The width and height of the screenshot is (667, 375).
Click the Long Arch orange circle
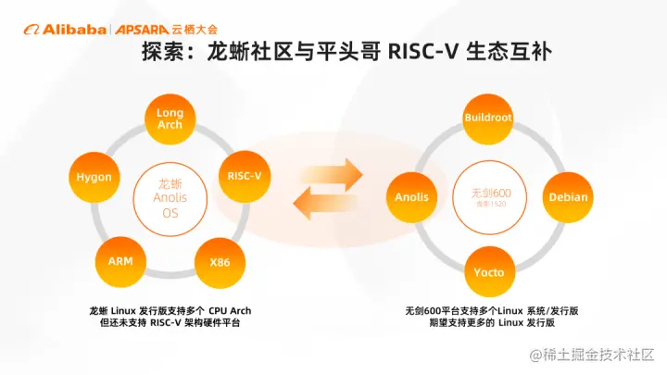[x=170, y=119]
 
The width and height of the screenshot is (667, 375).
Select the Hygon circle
[x=94, y=176]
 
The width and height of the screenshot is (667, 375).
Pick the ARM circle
[x=120, y=261]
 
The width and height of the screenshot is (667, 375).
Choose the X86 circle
[x=220, y=261]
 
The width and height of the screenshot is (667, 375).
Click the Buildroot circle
[x=488, y=119]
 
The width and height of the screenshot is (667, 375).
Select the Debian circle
[x=567, y=196]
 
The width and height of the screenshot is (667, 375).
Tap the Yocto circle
[x=488, y=273]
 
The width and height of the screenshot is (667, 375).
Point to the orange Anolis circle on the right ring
[x=410, y=196]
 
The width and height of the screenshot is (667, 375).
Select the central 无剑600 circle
[x=488, y=194]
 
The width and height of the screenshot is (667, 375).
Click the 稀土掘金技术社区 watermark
[x=598, y=355]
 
